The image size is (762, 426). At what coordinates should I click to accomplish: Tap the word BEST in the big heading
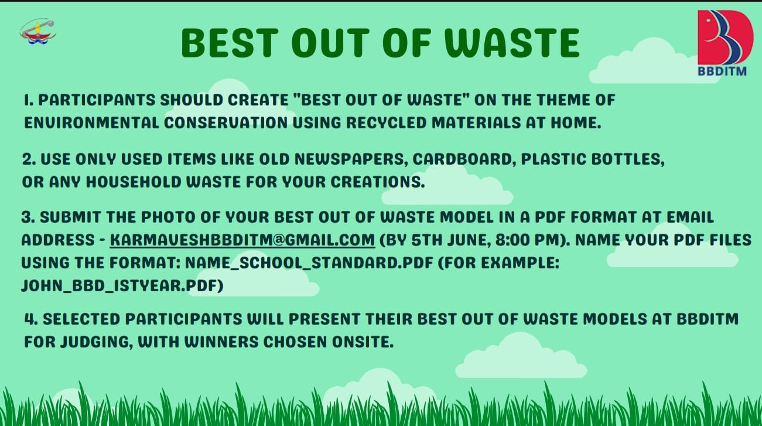coord(230,43)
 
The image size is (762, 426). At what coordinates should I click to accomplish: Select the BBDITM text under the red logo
coord(722,71)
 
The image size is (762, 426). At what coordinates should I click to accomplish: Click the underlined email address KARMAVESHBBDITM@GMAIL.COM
coord(242,240)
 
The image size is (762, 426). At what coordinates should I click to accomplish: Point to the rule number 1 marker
coord(29,100)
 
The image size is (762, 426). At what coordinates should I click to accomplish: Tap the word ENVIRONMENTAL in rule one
coord(91,123)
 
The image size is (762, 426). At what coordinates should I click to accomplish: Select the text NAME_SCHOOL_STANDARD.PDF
coord(309,263)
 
